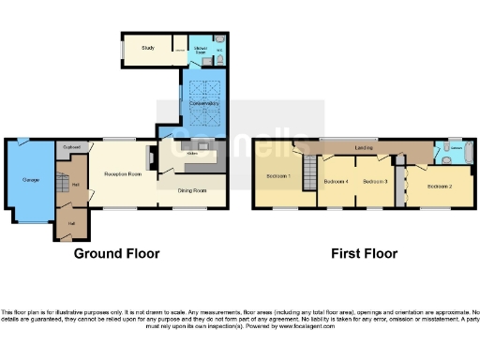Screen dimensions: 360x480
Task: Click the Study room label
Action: (x=147, y=46)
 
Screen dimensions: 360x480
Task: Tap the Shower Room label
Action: (x=201, y=49)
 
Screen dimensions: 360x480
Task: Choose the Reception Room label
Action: (x=122, y=174)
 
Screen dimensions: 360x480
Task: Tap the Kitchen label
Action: (x=191, y=153)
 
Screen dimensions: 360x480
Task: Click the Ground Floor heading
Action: (x=118, y=253)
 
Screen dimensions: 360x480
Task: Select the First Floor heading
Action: (x=365, y=253)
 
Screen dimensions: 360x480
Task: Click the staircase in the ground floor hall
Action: (x=65, y=178)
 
